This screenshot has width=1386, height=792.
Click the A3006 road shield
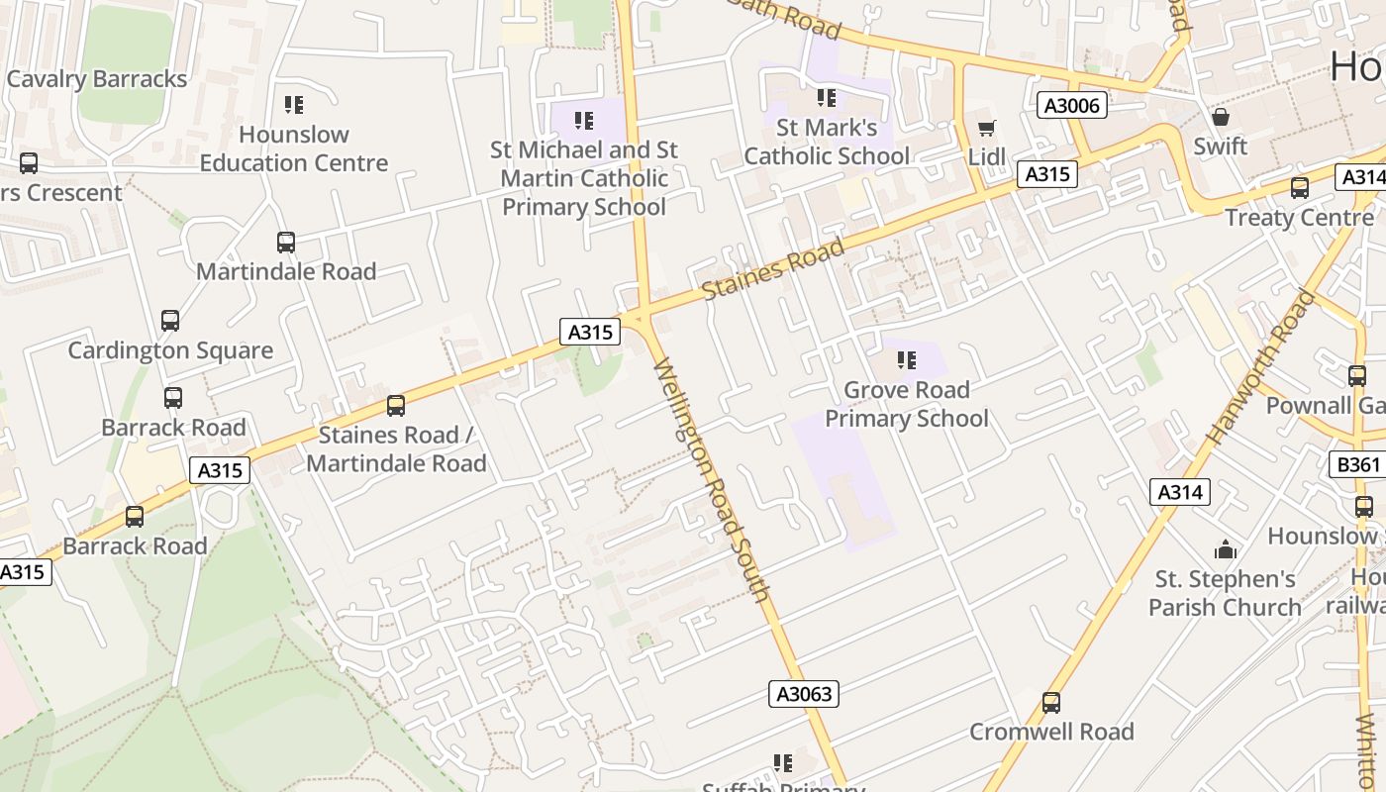point(1072,105)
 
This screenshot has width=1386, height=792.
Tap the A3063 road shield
point(803,694)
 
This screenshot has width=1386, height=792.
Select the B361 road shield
point(1355,465)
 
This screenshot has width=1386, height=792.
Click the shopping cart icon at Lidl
point(986,128)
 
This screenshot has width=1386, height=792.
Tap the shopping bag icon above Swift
point(1221,117)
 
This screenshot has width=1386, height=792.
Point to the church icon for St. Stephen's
point(1226,549)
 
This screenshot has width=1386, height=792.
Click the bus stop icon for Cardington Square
point(170,321)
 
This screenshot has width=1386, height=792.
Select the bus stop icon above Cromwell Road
point(1051,703)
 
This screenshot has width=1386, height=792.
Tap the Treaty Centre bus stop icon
point(1299,188)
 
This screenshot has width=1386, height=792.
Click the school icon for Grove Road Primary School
point(906,360)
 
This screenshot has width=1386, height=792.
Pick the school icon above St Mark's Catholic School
point(827,98)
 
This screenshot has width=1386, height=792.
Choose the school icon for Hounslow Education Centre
point(293,104)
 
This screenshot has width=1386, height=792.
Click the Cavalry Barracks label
point(97,79)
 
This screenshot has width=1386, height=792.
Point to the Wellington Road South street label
point(712,481)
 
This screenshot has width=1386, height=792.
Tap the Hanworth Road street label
point(1261,365)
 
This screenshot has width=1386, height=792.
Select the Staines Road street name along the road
point(773,269)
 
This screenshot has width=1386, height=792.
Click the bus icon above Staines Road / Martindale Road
point(396,405)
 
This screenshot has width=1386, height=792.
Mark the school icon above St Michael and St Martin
point(584,121)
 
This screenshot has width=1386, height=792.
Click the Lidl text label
point(987,156)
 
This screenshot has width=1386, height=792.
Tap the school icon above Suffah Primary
point(783,763)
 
